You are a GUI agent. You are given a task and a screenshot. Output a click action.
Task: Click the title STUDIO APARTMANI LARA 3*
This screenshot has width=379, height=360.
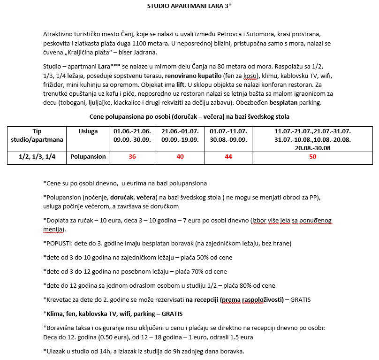[x=189, y=6]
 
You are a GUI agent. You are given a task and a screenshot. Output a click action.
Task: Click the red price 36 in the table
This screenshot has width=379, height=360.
[x=132, y=157]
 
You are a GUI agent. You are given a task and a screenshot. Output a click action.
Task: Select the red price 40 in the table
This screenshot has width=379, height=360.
[x=180, y=157]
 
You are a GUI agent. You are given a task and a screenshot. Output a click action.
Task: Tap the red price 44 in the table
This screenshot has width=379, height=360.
[x=228, y=157]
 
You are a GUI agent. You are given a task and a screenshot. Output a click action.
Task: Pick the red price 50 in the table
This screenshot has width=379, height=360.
[x=313, y=157]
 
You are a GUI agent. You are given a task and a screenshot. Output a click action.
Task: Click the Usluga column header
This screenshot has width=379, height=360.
[x=88, y=131]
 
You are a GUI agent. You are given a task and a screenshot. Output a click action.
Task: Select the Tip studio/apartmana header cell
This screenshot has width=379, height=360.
[x=37, y=136]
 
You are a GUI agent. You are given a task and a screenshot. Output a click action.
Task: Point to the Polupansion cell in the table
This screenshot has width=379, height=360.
[x=88, y=157]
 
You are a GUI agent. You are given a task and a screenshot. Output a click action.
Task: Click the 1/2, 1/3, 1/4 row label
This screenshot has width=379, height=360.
[x=37, y=157]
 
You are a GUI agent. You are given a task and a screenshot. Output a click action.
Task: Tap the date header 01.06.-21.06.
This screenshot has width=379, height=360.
[x=132, y=131]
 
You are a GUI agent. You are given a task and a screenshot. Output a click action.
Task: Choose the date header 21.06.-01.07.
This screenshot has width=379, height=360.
[x=180, y=131]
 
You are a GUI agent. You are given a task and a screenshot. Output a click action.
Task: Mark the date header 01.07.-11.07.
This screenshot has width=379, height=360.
[x=228, y=131]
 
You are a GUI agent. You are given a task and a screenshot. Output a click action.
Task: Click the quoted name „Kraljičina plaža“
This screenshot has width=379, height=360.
[x=91, y=53]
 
